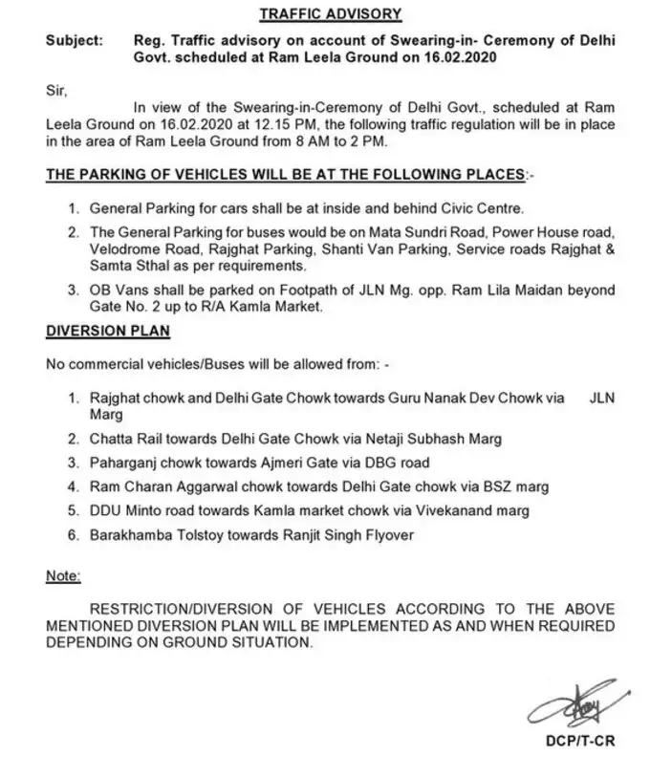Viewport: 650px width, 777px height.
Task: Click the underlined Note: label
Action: pyautogui.click(x=63, y=577)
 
